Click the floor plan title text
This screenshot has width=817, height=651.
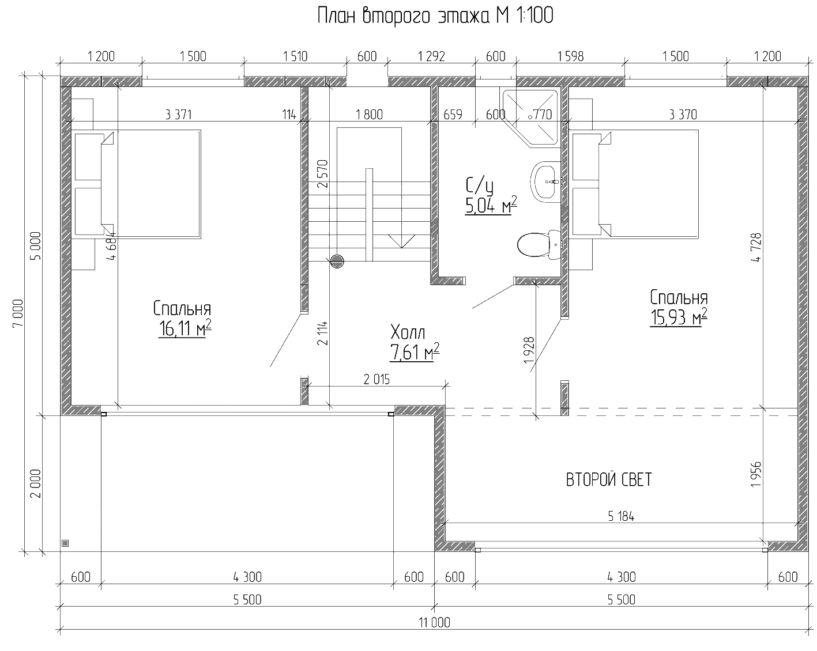[x=435, y=16]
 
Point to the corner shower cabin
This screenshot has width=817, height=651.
[x=530, y=116]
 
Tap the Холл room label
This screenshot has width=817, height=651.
[x=408, y=332]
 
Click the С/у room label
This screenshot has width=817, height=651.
[x=479, y=186]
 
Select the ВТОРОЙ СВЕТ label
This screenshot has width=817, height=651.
[x=609, y=480]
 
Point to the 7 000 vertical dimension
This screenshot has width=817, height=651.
[x=19, y=313]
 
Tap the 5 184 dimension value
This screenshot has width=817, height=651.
[x=620, y=516]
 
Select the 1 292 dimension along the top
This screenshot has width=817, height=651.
[x=431, y=56]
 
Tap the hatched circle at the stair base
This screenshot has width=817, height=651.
[x=337, y=262]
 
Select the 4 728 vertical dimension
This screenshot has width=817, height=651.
[x=756, y=248]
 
